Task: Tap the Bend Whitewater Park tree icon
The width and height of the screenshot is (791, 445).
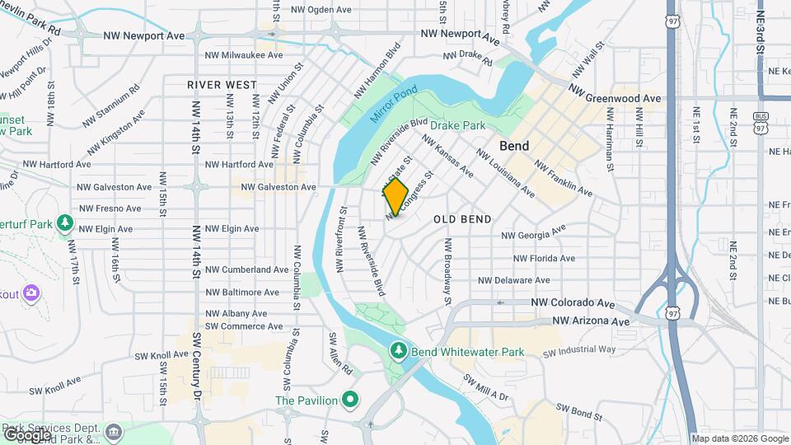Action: pos(399,352)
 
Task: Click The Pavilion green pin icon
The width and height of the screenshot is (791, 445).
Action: pos(349,400)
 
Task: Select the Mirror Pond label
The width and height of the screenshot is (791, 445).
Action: pos(394,105)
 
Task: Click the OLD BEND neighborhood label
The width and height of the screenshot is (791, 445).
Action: pos(462,219)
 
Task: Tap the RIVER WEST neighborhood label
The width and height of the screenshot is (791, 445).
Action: pos(222,85)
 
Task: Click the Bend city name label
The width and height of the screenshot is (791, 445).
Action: pos(514,146)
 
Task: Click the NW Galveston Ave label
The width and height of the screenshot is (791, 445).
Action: pos(278,187)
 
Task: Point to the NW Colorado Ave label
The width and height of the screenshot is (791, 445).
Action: pos(573,303)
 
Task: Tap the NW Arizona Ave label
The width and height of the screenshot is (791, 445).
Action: pos(591,321)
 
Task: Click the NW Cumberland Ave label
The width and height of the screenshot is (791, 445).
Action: pos(246,269)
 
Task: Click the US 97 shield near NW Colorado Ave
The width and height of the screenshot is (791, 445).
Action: pos(674,313)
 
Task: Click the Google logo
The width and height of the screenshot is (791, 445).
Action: pos(26,433)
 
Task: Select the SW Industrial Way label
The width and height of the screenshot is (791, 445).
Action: pos(579,350)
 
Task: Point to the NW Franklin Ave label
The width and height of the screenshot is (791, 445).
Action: pos(563,178)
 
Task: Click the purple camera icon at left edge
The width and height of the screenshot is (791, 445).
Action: pos(31,293)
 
